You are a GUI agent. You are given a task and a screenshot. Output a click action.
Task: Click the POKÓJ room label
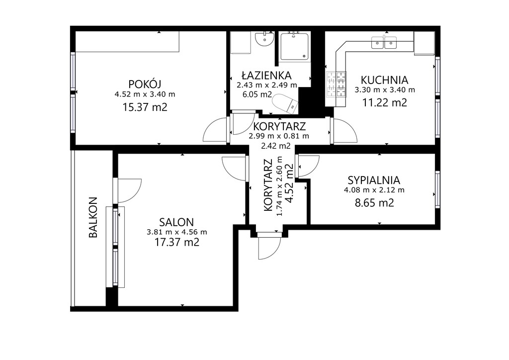[x=145, y=84]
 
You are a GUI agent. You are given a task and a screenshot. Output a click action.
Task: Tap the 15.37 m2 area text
[x=145, y=107]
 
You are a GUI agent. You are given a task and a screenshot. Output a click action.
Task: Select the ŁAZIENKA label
[x=266, y=75]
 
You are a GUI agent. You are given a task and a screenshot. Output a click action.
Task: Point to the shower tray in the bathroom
[x=293, y=46]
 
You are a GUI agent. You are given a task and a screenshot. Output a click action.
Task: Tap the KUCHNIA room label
[x=384, y=80]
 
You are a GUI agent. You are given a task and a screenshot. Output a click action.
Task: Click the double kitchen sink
[x=384, y=42]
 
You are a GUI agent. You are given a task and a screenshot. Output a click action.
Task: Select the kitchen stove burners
[x=336, y=85]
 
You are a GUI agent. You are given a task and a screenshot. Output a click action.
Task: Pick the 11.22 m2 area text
[x=384, y=102]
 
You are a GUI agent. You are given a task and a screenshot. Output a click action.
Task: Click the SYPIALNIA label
[x=374, y=180]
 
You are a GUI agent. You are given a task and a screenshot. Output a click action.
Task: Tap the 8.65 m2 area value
[x=374, y=203]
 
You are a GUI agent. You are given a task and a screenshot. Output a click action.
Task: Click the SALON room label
[x=176, y=222]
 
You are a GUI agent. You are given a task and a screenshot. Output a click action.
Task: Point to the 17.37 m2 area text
[x=176, y=242]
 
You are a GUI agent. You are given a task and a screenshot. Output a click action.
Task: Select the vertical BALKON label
[x=93, y=217]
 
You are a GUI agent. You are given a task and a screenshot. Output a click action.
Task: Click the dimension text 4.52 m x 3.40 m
[x=145, y=94]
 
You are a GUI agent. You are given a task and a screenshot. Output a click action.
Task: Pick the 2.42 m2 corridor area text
[x=275, y=146]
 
